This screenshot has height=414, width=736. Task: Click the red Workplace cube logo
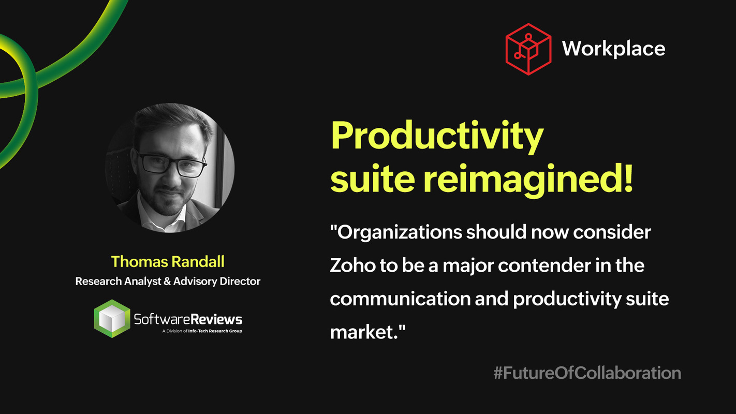[528, 49]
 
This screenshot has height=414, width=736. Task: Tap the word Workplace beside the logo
[613, 49]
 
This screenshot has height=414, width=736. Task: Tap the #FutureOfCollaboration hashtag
[587, 373]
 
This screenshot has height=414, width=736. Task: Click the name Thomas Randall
[168, 261]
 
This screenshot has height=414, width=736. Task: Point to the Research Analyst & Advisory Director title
[168, 282]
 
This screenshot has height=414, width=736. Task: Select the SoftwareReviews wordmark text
[188, 319]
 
